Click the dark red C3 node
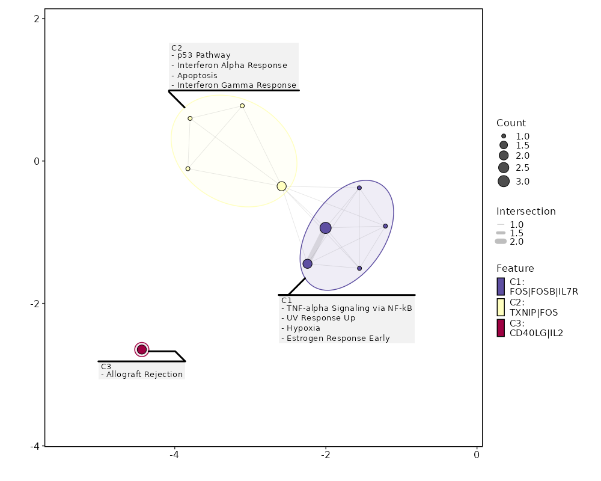click(x=142, y=349)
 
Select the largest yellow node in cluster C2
click(x=281, y=186)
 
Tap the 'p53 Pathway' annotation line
click(x=201, y=55)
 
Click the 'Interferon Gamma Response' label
click(x=234, y=85)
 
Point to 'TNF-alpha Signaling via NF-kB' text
click(x=346, y=308)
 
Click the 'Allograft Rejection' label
click(x=142, y=375)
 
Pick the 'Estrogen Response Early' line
click(x=335, y=339)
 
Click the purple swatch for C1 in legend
click(x=501, y=286)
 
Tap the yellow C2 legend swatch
click(x=501, y=307)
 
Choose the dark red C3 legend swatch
click(x=501, y=328)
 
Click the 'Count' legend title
click(x=511, y=123)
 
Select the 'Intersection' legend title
click(x=526, y=212)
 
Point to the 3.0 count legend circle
click(x=504, y=182)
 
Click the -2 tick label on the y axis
click(x=35, y=304)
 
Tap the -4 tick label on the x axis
click(x=174, y=455)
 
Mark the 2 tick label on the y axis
click(x=37, y=19)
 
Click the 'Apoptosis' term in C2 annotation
click(x=194, y=76)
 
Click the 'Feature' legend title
click(x=515, y=268)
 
